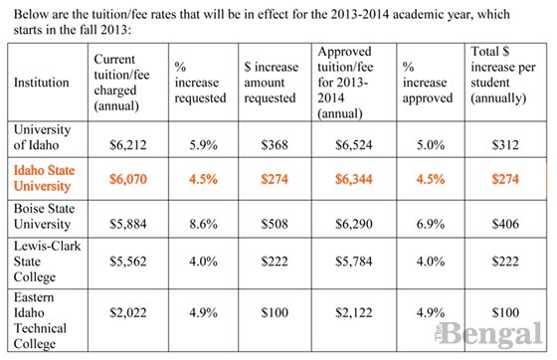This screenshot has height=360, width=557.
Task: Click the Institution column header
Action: pos(43,84)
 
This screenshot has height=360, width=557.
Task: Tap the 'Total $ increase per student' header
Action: pos(503,77)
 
